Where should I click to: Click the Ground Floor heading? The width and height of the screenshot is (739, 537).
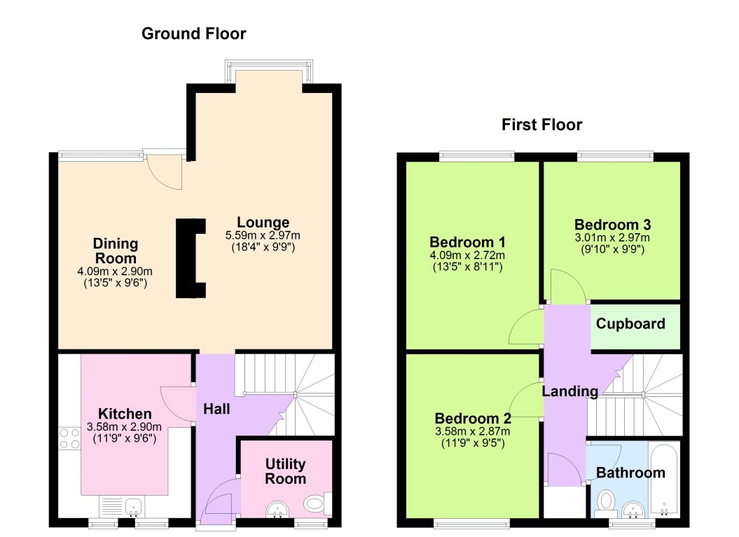click(193, 34)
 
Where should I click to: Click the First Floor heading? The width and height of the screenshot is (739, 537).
click(541, 125)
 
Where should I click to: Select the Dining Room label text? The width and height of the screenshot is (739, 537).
click(116, 251)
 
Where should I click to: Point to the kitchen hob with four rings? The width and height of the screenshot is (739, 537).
click(69, 438)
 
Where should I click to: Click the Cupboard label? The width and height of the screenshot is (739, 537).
click(630, 324)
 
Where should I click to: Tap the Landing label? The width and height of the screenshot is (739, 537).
click(570, 391)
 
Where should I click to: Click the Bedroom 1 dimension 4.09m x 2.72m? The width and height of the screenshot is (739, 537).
click(467, 255)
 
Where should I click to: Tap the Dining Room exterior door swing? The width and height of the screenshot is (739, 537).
click(166, 172)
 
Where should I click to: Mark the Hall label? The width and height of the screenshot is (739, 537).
click(216, 408)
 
